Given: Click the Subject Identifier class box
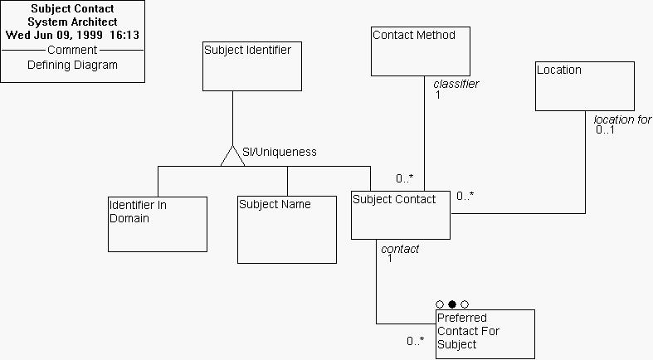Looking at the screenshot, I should coord(252,66).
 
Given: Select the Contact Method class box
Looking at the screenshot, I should coord(420,51).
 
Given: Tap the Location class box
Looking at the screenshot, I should coord(584,85).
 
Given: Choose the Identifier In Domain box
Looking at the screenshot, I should coord(157,224).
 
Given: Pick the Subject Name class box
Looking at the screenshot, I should coord(287,230).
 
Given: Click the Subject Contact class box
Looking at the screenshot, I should coord(400,215).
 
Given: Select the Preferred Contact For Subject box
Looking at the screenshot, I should coord(485,333).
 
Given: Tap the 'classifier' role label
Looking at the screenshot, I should coord(456,84).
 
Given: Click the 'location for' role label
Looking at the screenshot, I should coord(622,119).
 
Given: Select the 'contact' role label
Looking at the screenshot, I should coord(400,249).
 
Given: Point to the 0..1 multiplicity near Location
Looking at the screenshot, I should coord(606,130).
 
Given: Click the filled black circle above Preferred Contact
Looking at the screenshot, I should coord(452,304).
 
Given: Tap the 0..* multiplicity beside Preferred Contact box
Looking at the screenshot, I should coord(416,341).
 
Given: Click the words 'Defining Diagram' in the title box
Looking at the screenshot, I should coord(72,65).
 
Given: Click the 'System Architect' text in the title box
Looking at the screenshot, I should coord(72,22).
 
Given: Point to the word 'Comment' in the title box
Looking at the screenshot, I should coord(72,51).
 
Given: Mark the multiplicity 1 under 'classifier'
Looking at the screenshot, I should coord(437,95).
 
